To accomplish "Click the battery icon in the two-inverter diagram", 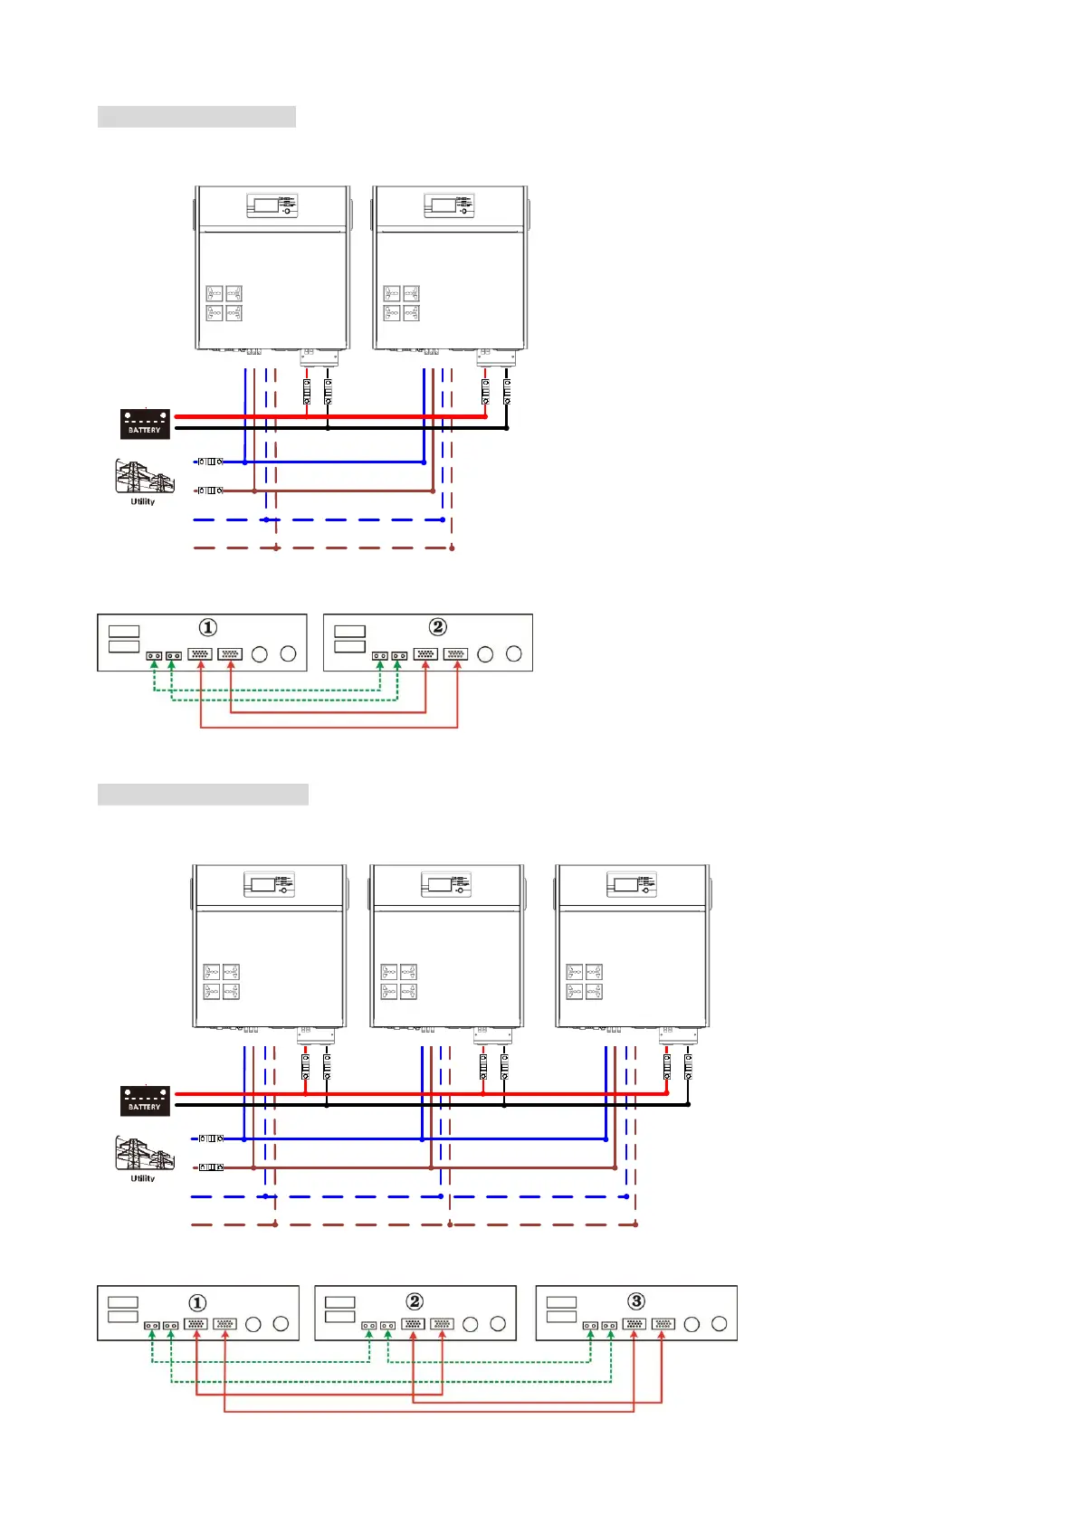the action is [145, 424].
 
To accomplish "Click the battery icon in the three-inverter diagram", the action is [145, 1100].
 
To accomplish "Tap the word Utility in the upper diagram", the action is [143, 501].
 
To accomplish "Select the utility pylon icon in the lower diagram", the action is [143, 1154].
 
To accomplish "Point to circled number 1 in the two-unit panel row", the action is [208, 627].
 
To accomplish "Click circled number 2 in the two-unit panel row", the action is [437, 627].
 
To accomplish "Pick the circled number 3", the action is [636, 1301].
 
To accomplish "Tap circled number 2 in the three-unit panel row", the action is [415, 1301].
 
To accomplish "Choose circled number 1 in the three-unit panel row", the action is [197, 1302].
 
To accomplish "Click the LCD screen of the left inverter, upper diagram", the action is [266, 205].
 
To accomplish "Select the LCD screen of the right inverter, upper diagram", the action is [444, 205].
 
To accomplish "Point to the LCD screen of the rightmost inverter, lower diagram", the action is [626, 884].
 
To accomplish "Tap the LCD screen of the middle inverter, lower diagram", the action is [440, 884].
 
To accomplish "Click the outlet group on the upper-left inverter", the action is [224, 303].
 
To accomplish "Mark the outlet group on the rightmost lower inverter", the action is [585, 982].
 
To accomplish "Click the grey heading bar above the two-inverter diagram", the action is [196, 117].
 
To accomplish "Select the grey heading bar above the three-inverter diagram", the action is [203, 795].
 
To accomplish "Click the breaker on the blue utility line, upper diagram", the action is [210, 462].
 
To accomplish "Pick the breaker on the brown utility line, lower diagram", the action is [210, 1167].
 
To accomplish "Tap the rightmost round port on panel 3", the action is [720, 1324].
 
